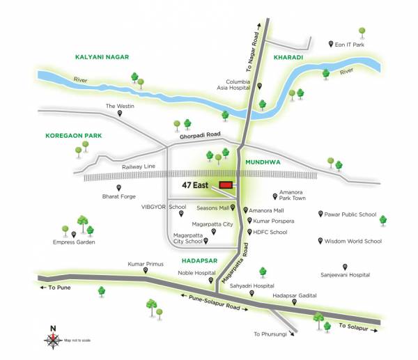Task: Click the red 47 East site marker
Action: pos(226,185)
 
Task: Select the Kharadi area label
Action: pos(288,57)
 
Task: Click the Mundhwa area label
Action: pos(262,159)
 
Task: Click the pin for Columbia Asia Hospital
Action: pos(259,86)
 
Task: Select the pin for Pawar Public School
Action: pos(320,214)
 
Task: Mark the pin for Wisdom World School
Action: pos(320,241)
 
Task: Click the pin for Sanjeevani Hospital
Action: pos(344,267)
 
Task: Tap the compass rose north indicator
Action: pos(53,339)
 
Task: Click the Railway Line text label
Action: pos(139,167)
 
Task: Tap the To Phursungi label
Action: pos(270,334)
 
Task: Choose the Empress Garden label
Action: pos(73,242)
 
